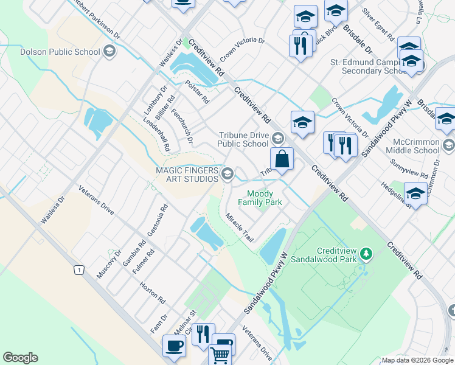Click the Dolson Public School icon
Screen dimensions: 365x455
click(x=109, y=52)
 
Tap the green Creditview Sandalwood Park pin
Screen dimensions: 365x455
click(x=366, y=252)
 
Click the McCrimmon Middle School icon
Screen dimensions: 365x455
click(x=449, y=145)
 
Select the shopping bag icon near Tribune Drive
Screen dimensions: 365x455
click(x=282, y=159)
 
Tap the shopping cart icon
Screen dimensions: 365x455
click(x=220, y=354)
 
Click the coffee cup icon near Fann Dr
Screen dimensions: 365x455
click(x=174, y=346)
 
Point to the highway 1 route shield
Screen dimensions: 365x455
click(x=78, y=269)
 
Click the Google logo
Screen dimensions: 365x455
click(x=20, y=358)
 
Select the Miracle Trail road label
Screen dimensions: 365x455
click(x=239, y=228)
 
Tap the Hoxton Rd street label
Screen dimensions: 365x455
click(x=153, y=293)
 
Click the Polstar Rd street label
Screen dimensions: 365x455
click(x=197, y=92)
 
